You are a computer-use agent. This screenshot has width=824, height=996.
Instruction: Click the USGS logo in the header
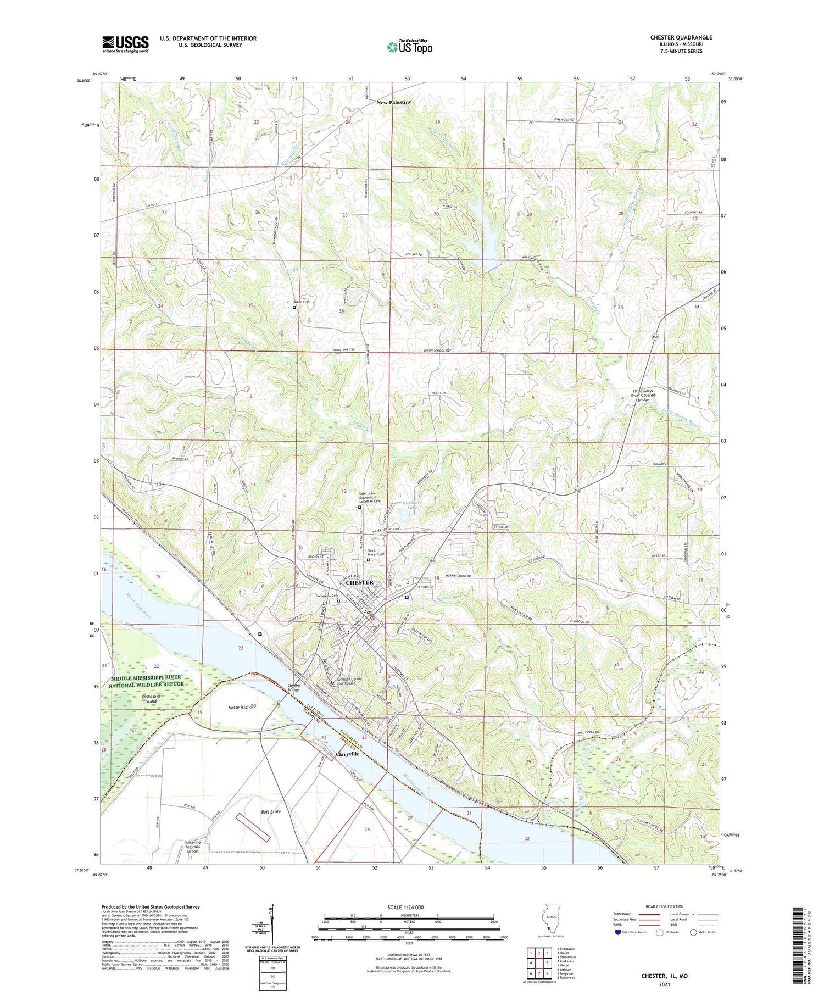125,44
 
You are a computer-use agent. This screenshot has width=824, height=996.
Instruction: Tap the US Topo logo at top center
409,47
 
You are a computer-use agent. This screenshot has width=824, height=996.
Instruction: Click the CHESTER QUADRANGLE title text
681,37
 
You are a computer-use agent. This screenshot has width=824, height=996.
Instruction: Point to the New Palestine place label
393,103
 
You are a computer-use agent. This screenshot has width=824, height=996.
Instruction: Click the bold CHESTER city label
360,582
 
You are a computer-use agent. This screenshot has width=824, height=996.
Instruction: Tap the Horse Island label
240,706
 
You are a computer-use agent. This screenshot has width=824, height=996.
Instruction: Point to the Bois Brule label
271,811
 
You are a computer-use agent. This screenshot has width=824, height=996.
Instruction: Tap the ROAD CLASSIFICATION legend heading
665,906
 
